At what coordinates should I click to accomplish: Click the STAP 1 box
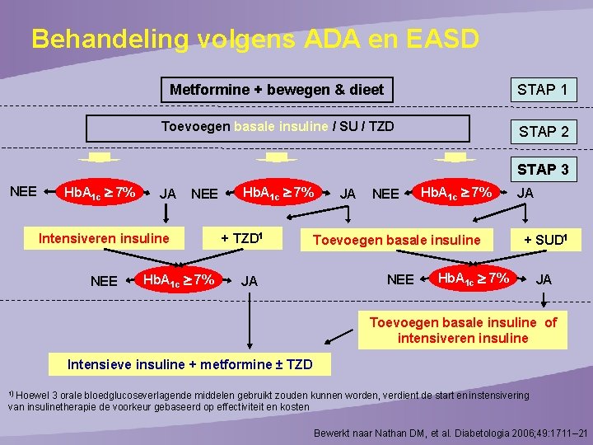point(542,89)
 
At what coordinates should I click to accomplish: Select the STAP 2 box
point(542,131)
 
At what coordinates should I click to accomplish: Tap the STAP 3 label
point(542,170)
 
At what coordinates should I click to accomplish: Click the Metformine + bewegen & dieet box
point(277,89)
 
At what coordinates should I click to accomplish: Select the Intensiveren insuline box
point(104,239)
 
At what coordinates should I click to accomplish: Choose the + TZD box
point(241,239)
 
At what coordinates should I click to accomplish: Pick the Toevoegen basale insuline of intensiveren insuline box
point(463,330)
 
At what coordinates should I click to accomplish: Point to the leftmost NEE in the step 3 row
point(23,191)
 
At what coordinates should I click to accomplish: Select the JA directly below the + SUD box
point(544,279)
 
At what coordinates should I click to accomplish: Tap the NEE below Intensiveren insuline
point(104,281)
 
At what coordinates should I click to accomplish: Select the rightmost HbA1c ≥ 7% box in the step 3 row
point(455,194)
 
